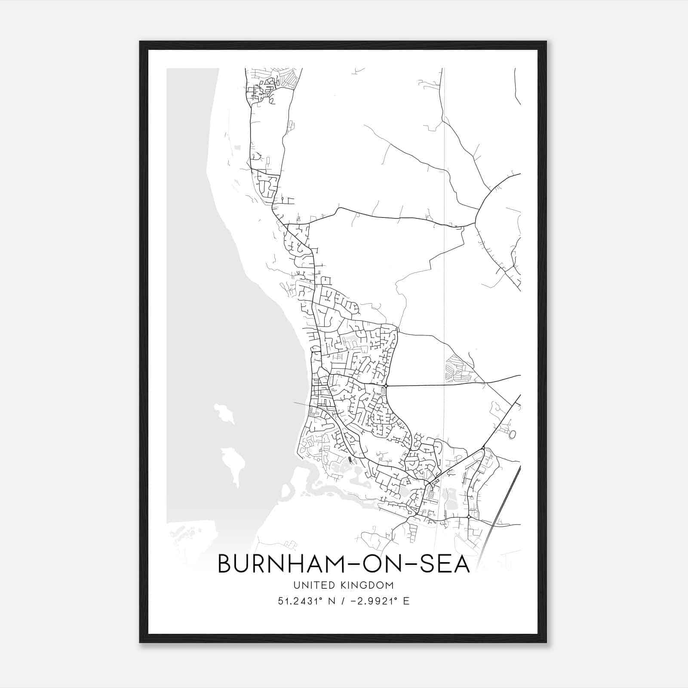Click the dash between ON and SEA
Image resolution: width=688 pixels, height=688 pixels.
point(408,565)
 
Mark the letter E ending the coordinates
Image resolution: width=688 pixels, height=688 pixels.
point(406,601)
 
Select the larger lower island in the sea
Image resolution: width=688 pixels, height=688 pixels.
point(233,464)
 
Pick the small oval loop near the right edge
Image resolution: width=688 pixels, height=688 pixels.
point(512,435)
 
